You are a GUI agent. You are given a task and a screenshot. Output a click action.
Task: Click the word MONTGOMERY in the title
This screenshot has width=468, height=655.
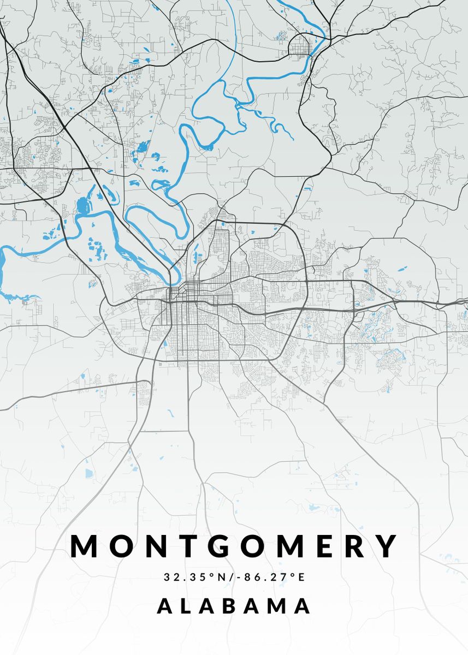click(x=234, y=546)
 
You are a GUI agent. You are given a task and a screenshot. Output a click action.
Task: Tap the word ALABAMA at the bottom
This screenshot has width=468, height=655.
click(x=234, y=606)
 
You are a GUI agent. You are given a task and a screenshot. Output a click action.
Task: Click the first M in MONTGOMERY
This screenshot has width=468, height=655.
click(x=85, y=546)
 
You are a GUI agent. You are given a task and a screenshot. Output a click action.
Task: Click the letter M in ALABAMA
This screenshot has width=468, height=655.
click(x=280, y=606)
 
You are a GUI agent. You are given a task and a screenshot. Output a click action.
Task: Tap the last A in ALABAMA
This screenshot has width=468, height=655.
click(x=304, y=606)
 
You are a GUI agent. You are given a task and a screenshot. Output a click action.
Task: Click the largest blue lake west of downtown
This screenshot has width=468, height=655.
click(x=84, y=206)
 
